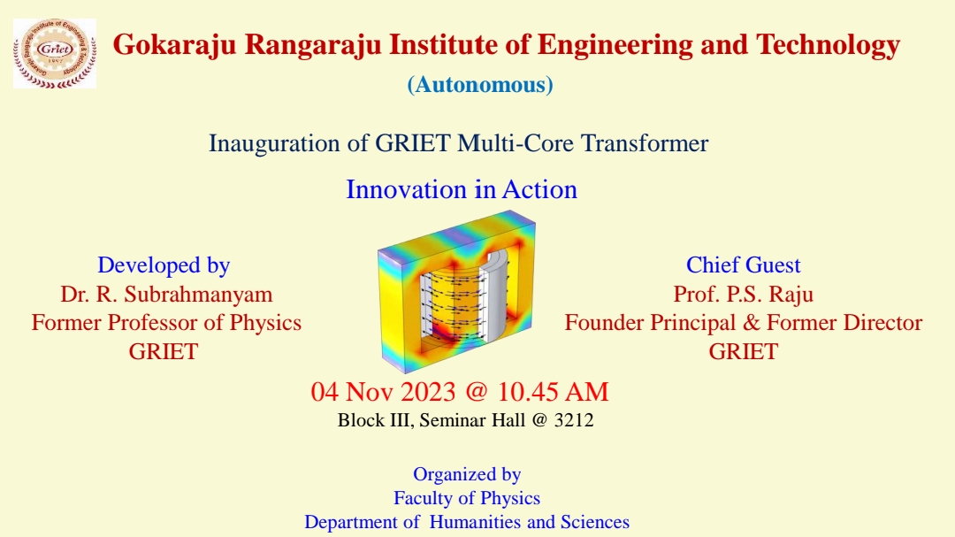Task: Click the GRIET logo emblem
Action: tap(55, 54)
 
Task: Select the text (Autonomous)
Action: tap(480, 85)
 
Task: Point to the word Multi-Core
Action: tap(516, 143)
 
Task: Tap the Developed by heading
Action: tap(164, 265)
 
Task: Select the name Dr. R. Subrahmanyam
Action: tap(166, 295)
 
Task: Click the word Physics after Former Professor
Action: tap(265, 323)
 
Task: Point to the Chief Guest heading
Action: tap(743, 265)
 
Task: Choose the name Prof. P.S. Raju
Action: tap(743, 295)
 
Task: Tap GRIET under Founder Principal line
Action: tap(743, 352)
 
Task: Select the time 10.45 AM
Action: tap(553, 392)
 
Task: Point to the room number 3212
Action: tap(574, 420)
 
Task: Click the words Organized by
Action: tap(467, 475)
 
